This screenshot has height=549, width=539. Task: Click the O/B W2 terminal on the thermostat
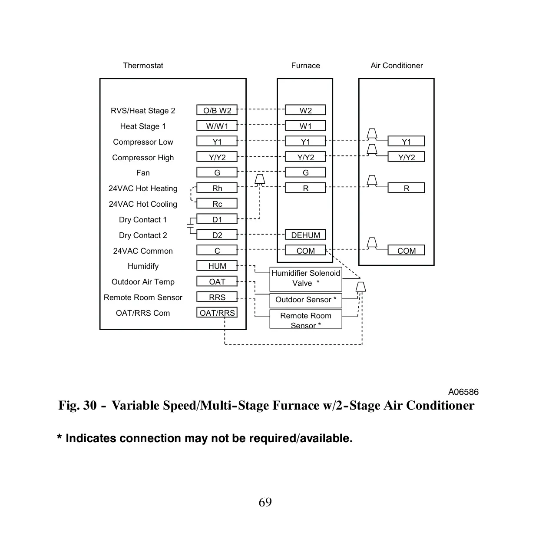tap(217, 110)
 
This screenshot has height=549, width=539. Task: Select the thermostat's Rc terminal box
tap(217, 203)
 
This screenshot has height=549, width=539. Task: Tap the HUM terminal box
tap(217, 265)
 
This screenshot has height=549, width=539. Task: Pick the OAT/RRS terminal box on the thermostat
tap(217, 312)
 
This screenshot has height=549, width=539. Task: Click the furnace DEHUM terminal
tap(305, 235)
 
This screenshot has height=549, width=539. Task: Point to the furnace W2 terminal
tap(305, 110)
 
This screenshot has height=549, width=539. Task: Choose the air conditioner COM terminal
tap(406, 250)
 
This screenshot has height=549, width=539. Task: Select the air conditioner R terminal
tap(406, 188)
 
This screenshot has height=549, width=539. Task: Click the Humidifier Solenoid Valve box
tap(306, 279)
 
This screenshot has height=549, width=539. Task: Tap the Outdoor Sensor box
tap(306, 301)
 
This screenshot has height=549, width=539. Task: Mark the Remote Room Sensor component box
tap(306, 319)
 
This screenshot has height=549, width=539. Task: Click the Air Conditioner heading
tap(397, 66)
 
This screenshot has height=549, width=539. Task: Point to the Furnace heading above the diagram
tap(306, 66)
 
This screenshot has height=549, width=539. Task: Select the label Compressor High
tap(143, 158)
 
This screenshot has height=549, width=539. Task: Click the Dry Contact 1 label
tap(143, 220)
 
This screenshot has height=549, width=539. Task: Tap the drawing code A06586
tap(463, 392)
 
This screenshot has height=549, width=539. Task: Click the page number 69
tap(265, 502)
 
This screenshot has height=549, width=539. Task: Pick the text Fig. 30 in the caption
tap(78, 405)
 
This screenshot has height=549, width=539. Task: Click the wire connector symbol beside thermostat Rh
tap(259, 179)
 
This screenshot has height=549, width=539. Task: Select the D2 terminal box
tap(217, 235)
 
